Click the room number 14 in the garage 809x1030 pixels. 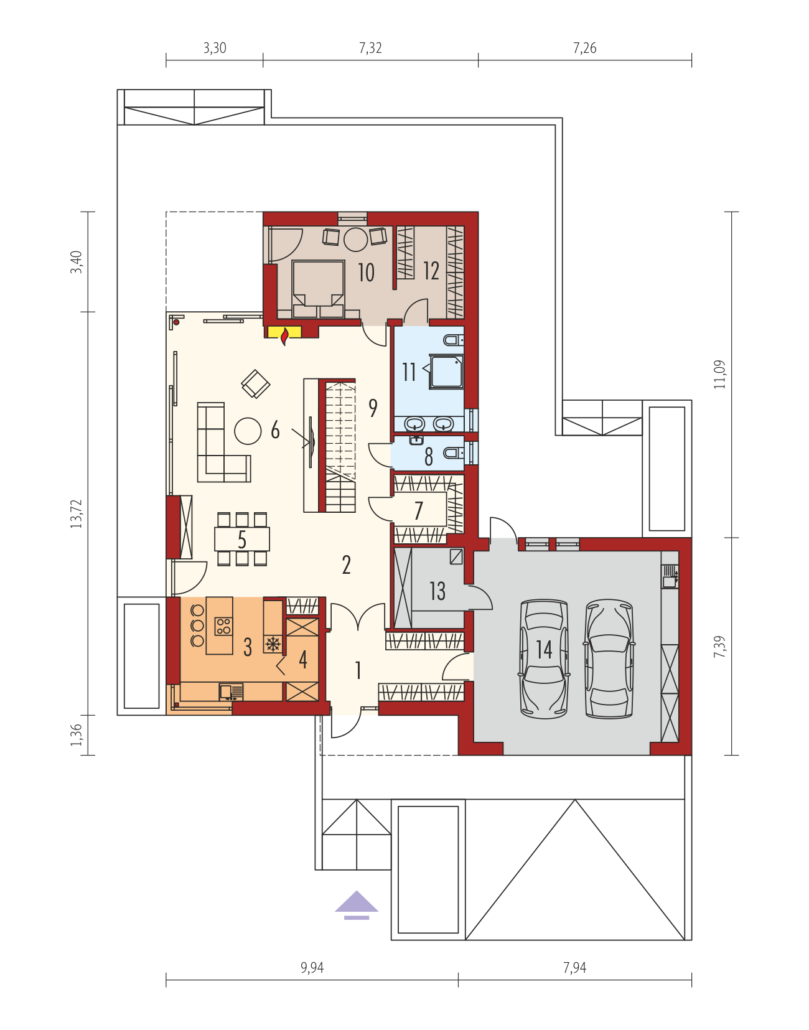point(545,649)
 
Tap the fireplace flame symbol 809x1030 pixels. point(284,337)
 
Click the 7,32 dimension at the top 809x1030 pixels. point(370,48)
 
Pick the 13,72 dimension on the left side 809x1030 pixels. point(77,514)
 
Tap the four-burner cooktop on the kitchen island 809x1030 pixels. point(223,625)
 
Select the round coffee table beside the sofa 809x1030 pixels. point(248,431)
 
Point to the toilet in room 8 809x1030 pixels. point(454,453)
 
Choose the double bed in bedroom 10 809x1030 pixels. point(318,289)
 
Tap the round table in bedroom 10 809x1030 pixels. point(356,240)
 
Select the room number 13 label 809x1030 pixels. point(437,591)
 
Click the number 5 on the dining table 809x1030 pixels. point(242,540)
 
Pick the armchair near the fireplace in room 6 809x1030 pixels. point(255,384)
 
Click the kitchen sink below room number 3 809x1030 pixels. point(231,691)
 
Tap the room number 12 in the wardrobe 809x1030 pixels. point(431,271)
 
